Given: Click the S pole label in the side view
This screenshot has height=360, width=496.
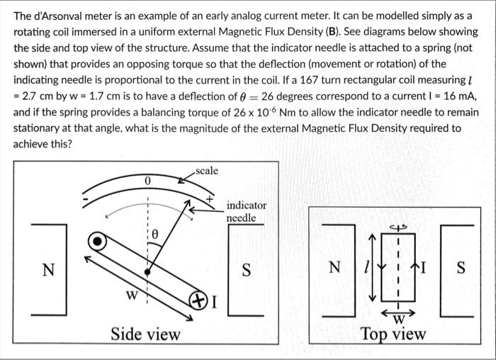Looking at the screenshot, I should click(x=247, y=270).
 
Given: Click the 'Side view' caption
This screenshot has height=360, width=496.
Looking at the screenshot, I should click(x=145, y=334).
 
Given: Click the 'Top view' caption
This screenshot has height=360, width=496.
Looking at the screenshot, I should click(x=393, y=334).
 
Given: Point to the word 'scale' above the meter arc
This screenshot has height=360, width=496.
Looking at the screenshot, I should click(x=206, y=171).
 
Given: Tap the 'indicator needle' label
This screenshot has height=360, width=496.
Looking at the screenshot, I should click(x=247, y=211).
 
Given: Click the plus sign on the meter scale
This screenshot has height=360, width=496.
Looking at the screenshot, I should click(x=210, y=201).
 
